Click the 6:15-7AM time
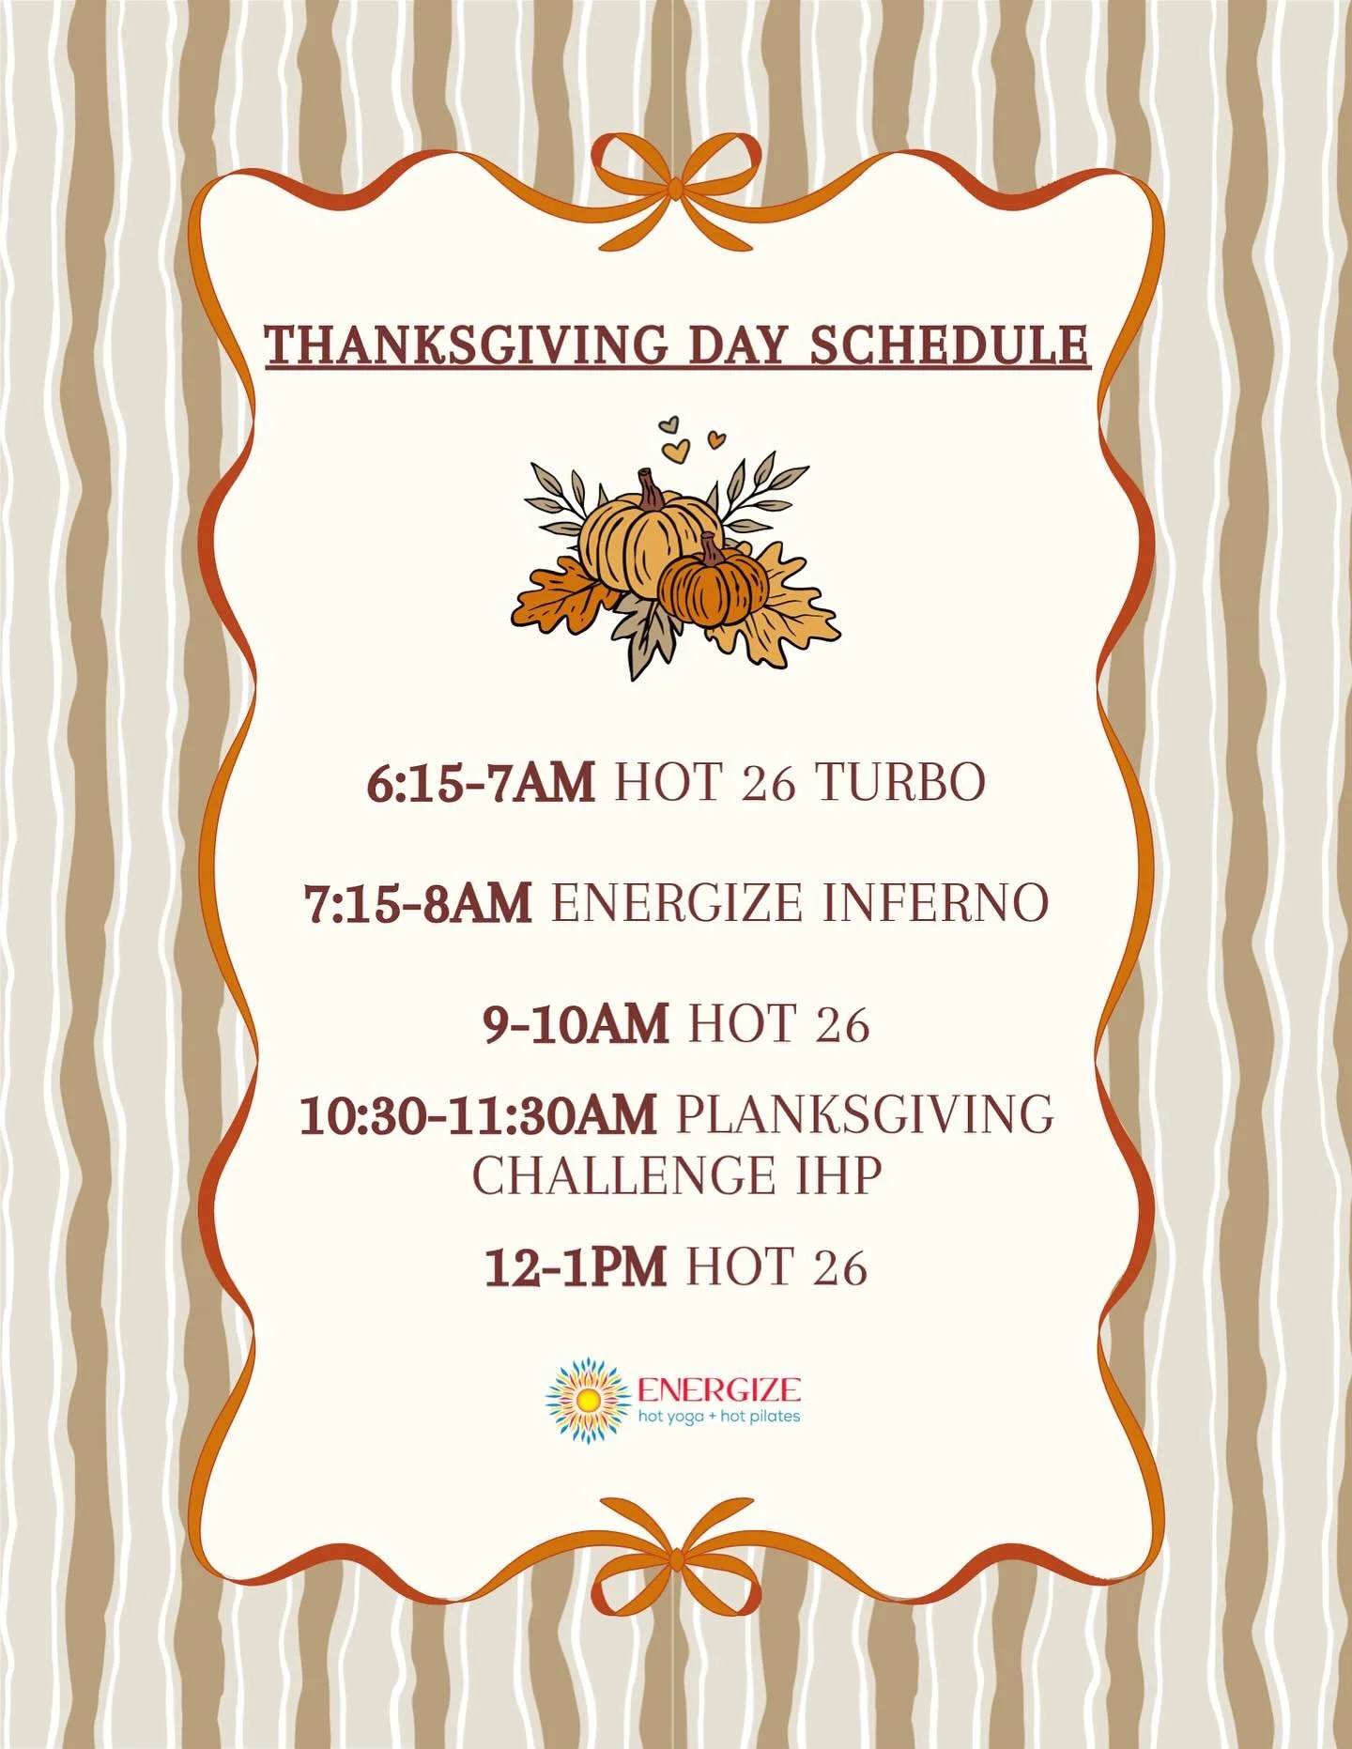click(480, 782)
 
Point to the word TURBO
click(899, 782)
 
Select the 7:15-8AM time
click(418, 903)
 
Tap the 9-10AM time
click(576, 1023)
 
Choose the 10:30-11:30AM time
click(478, 1115)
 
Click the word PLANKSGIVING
click(865, 1115)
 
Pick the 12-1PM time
click(575, 1266)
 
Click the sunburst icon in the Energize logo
click(588, 1400)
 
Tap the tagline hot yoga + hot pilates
click(719, 1416)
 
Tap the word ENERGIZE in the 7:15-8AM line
click(676, 903)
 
